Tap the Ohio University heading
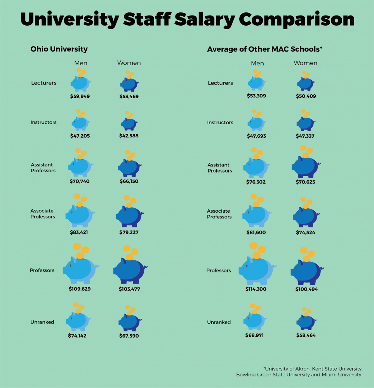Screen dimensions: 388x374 pyautogui.click(x=59, y=49)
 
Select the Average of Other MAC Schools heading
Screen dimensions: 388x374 pyautogui.click(x=265, y=49)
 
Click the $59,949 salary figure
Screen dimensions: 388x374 pyautogui.click(x=80, y=96)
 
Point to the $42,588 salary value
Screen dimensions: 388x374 pyautogui.click(x=129, y=136)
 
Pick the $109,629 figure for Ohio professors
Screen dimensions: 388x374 pyautogui.click(x=80, y=289)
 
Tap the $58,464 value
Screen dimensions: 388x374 pyautogui.click(x=306, y=335)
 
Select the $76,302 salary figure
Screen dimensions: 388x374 pyautogui.click(x=256, y=182)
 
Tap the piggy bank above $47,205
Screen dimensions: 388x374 pyautogui.click(x=80, y=122)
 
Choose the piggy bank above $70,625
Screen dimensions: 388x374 pyautogui.click(x=306, y=165)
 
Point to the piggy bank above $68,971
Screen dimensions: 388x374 pyautogui.click(x=255, y=320)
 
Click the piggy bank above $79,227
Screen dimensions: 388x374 pyautogui.click(x=129, y=216)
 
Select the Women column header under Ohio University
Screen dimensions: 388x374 pyautogui.click(x=129, y=63)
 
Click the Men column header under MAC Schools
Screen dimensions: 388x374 pyautogui.click(x=257, y=63)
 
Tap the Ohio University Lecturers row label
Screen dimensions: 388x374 pyautogui.click(x=44, y=83)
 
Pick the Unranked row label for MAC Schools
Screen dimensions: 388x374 pyautogui.click(x=219, y=322)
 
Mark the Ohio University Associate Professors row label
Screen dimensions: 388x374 pyautogui.click(x=43, y=214)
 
